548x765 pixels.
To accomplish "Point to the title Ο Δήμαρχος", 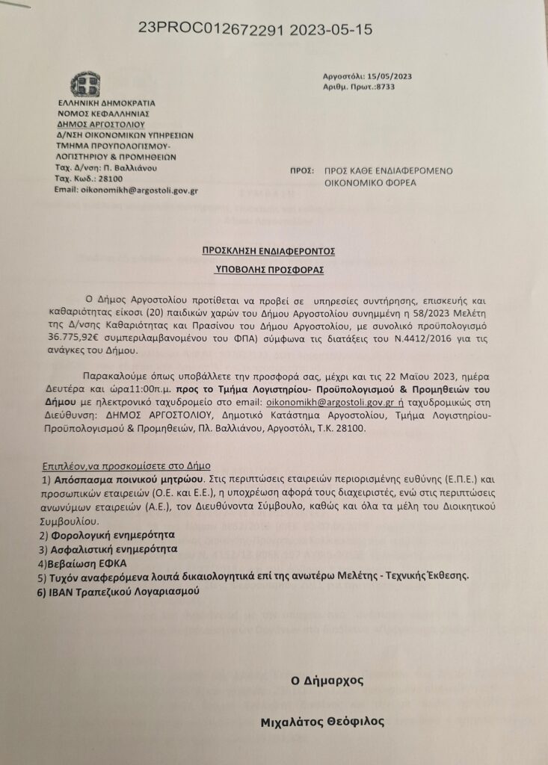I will [327, 681].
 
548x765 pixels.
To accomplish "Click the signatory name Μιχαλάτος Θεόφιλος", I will [324, 722].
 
